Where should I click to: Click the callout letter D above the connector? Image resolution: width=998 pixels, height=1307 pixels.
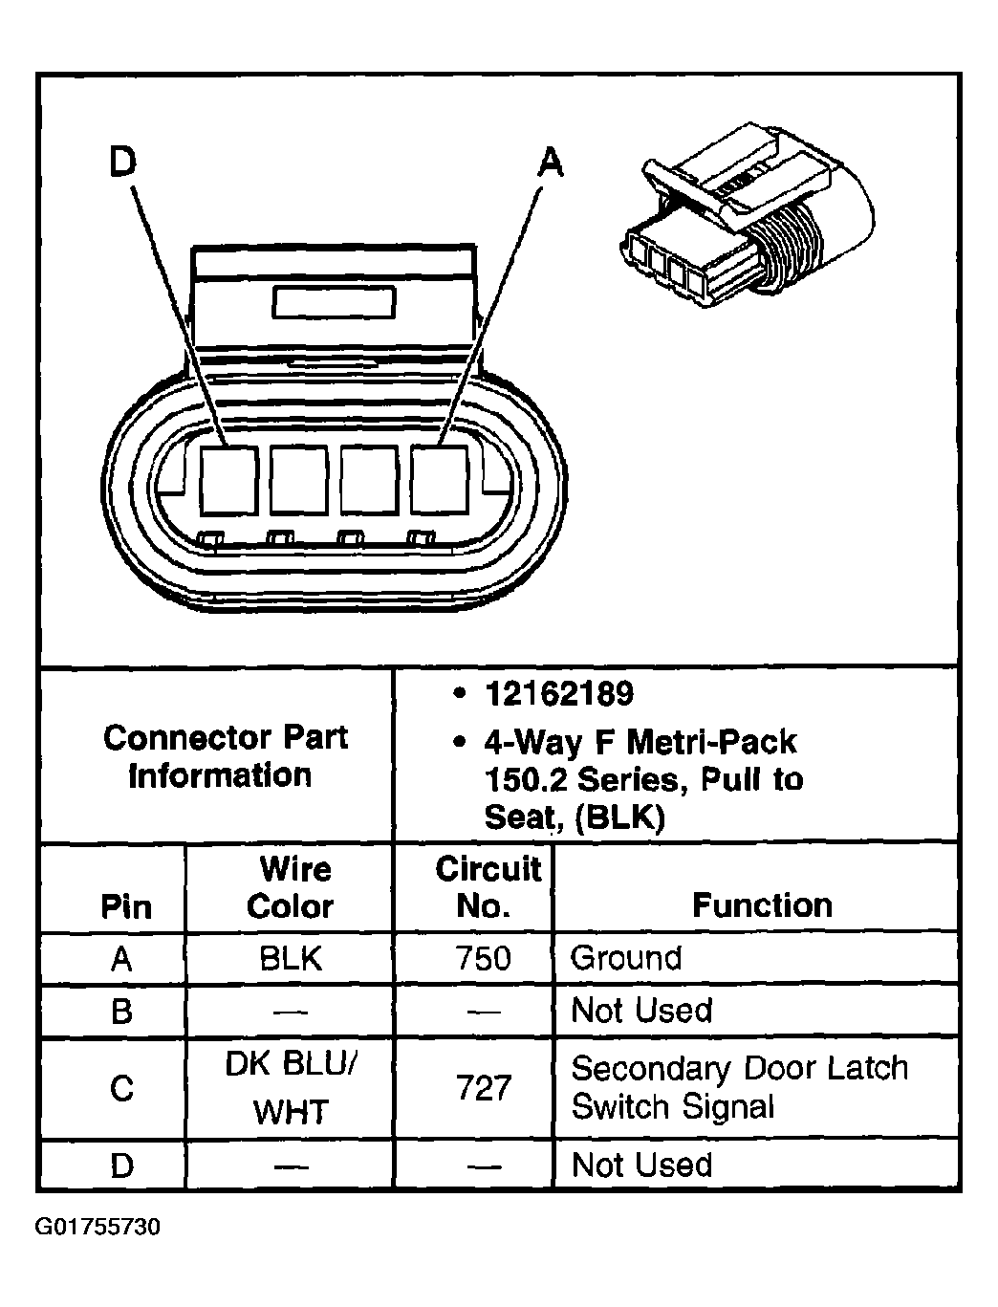coord(123,162)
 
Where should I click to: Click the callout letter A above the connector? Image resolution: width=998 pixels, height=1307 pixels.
coord(550,162)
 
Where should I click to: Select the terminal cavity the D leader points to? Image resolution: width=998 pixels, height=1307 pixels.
coord(229,481)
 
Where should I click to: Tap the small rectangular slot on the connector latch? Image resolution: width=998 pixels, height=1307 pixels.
coord(334,302)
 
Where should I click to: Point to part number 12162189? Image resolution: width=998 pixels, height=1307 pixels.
coord(559,694)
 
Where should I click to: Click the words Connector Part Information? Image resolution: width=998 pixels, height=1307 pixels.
coord(225,756)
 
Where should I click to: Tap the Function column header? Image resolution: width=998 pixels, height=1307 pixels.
coord(762,905)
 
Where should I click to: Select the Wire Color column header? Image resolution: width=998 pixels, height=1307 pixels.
coord(293,888)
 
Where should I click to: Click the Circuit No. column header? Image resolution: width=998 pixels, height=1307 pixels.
coord(488,888)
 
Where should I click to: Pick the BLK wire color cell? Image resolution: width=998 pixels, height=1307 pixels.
coord(291,958)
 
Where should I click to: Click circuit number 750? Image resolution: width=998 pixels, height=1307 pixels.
coord(483,958)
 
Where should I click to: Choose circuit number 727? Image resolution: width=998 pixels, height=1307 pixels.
coord(484,1087)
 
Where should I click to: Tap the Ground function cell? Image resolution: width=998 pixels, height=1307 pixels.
coord(626,958)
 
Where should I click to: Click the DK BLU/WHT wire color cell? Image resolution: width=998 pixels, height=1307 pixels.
coord(291,1087)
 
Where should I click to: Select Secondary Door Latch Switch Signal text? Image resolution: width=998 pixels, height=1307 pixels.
coord(740,1087)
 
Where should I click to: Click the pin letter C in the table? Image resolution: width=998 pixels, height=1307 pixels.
coord(122,1088)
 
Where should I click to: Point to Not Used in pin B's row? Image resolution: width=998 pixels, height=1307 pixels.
coord(640,1011)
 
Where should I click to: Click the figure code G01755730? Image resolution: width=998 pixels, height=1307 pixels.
coord(98,1227)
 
